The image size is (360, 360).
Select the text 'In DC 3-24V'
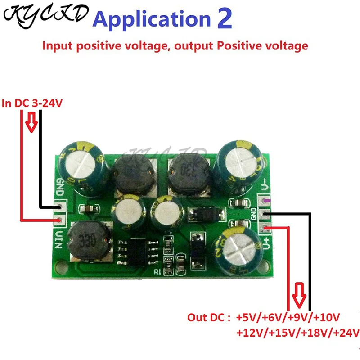[32, 103]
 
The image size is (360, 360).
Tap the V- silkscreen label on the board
[265, 184]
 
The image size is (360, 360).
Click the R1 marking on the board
[157, 272]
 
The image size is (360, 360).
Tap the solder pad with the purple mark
[266, 202]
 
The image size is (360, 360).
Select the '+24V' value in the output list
[345, 333]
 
